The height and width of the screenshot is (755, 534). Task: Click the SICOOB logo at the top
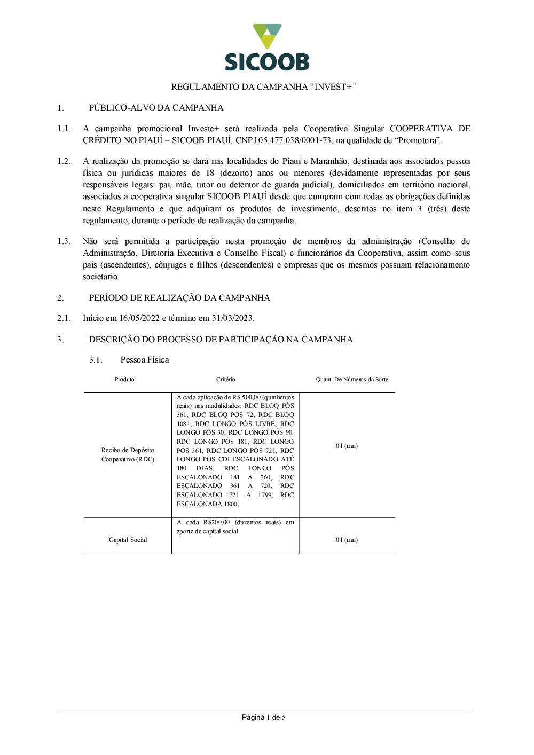pyautogui.click(x=267, y=48)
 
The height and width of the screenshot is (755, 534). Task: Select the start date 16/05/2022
pyautogui.click(x=139, y=318)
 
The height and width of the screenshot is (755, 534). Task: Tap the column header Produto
pyautogui.click(x=124, y=380)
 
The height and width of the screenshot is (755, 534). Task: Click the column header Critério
pyautogui.click(x=226, y=380)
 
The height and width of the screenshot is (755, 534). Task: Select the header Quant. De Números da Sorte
pyautogui.click(x=352, y=380)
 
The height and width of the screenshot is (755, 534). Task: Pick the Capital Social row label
pyautogui.click(x=128, y=540)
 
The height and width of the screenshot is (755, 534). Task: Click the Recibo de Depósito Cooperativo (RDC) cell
pyautogui.click(x=128, y=455)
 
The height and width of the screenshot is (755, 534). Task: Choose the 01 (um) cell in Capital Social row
pyautogui.click(x=347, y=540)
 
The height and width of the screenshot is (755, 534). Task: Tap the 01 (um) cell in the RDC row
pyautogui.click(x=347, y=446)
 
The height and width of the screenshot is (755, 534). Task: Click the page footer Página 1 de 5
pyautogui.click(x=263, y=718)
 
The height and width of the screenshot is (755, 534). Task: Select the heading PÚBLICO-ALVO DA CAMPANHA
pyautogui.click(x=156, y=108)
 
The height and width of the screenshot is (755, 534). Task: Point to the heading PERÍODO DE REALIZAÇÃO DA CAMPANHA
pyautogui.click(x=179, y=298)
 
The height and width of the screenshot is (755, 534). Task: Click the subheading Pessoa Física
pyautogui.click(x=145, y=360)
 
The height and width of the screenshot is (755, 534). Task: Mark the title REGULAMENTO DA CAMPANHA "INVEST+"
pyautogui.click(x=263, y=87)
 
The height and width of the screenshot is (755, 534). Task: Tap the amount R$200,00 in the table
pyautogui.click(x=217, y=522)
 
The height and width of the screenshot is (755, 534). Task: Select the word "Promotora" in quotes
pyautogui.click(x=419, y=140)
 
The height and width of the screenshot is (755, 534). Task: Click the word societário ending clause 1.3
pyautogui.click(x=101, y=277)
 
